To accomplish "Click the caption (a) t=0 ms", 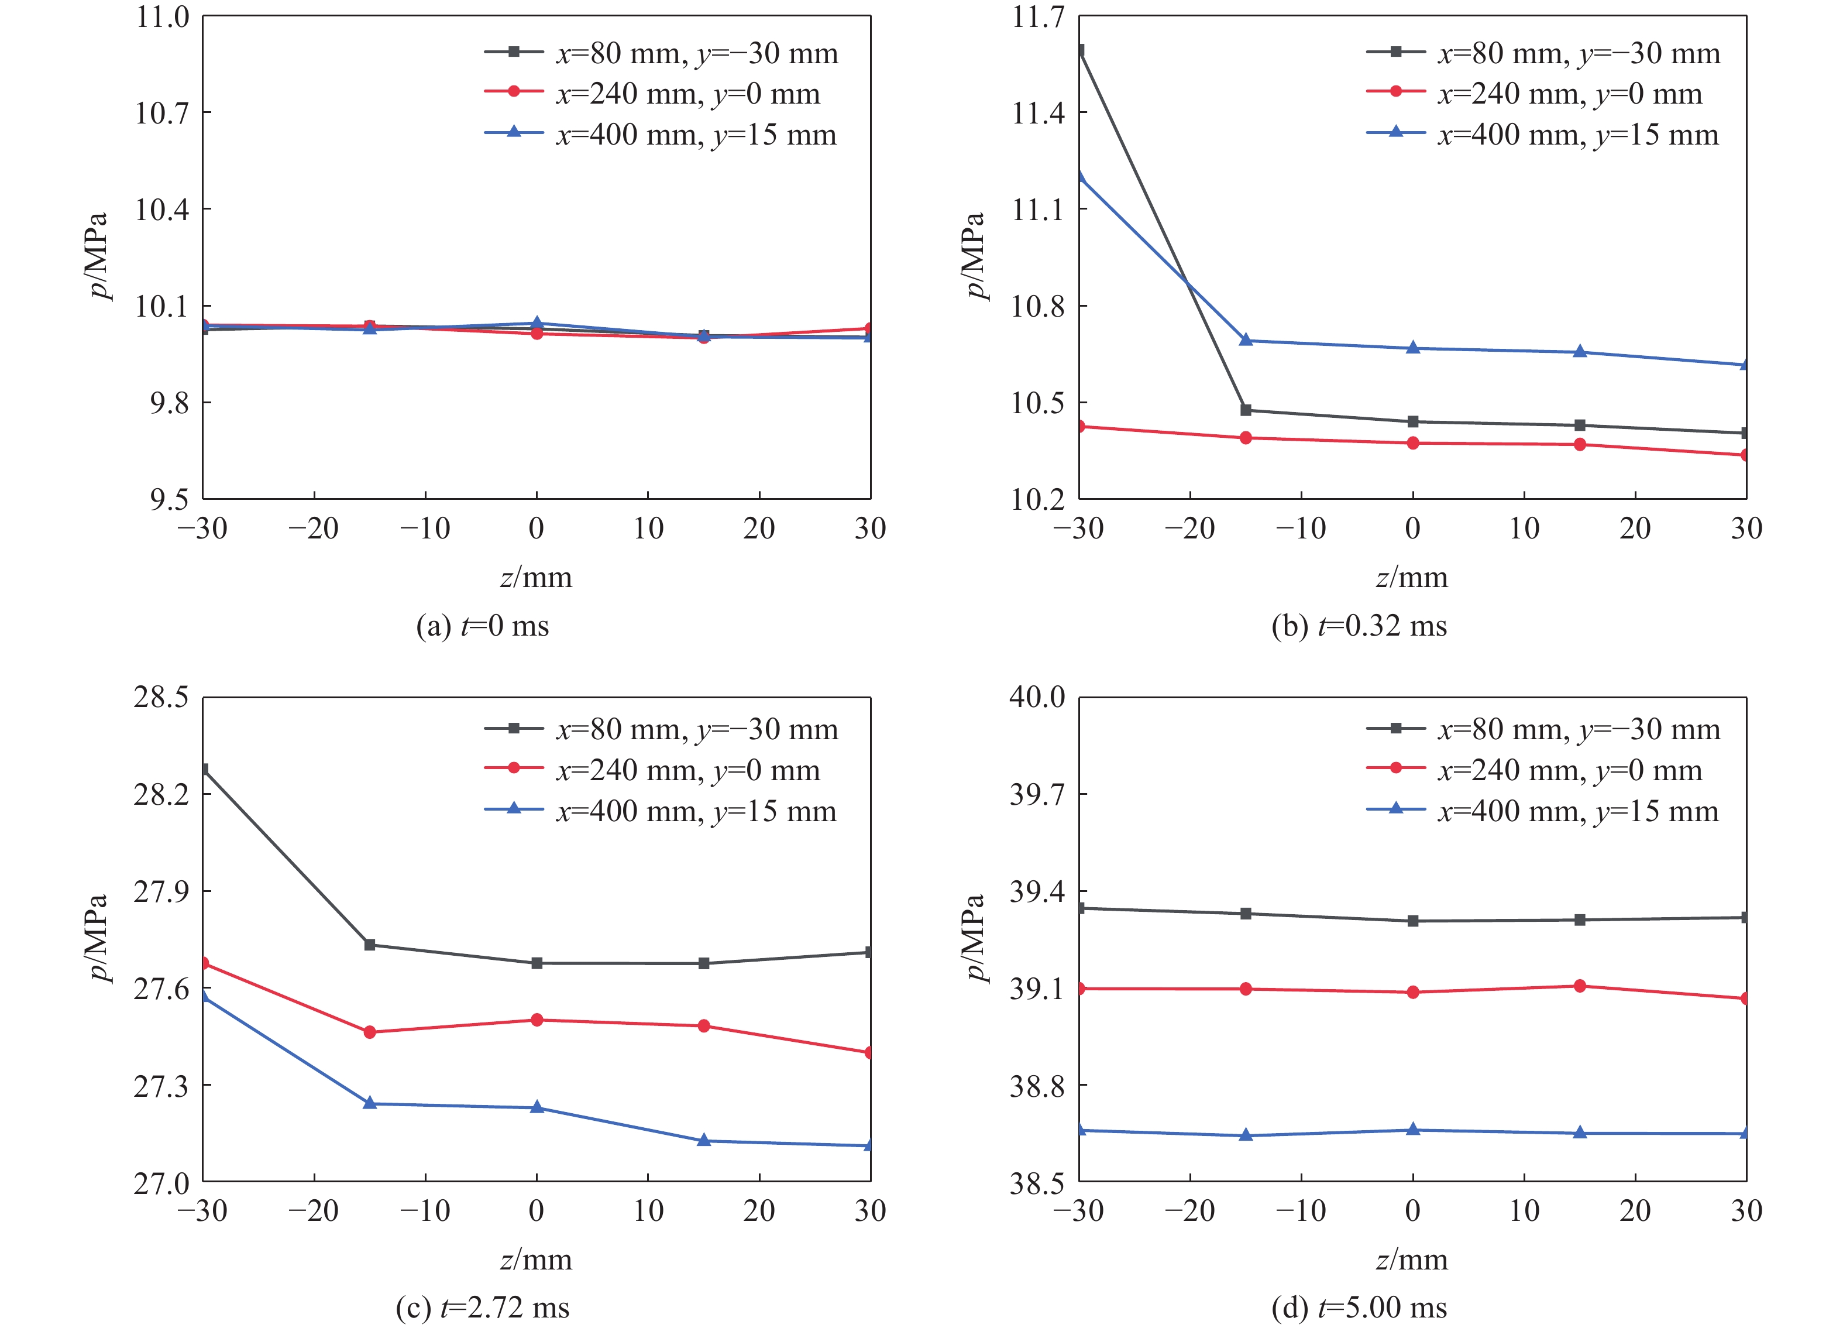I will (x=483, y=627).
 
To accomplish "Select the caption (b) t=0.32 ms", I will (x=1359, y=627).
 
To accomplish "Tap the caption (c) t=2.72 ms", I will (x=483, y=1308).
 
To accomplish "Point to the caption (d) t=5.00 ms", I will (x=1359, y=1308).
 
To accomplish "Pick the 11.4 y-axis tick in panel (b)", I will (x=1038, y=113).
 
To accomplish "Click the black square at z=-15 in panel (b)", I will (x=1246, y=410).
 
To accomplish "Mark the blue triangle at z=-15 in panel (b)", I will (x=1246, y=339).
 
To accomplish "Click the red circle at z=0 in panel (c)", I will (x=537, y=1020).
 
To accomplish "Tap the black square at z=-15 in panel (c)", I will (x=370, y=945).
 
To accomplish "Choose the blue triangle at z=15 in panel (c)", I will (x=704, y=1140).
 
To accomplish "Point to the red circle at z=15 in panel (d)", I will (x=1580, y=986).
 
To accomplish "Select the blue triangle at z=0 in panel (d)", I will (x=1413, y=1130).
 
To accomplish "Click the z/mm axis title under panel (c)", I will (x=537, y=1260).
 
